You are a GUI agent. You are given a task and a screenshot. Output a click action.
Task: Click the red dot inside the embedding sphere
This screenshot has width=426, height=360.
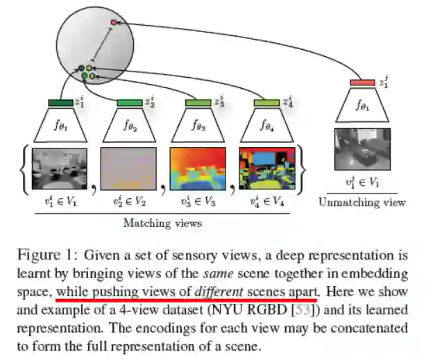[114, 23]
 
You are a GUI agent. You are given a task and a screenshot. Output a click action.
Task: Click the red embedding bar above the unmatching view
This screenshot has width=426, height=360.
[362, 83]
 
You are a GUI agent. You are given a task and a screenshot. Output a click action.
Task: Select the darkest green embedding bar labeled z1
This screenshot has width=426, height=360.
[61, 103]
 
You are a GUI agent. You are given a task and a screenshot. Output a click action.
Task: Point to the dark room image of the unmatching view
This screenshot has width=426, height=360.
[362, 148]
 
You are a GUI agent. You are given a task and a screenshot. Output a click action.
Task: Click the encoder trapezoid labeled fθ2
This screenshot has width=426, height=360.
[129, 126]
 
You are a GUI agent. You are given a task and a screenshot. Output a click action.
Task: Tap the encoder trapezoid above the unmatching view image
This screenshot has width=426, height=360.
[362, 106]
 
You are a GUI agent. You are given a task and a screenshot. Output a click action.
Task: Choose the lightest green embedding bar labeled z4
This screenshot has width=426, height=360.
[266, 103]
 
